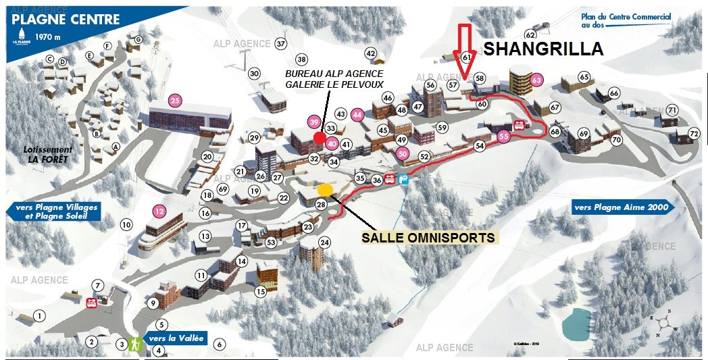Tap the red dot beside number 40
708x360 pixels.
click(x=319, y=138)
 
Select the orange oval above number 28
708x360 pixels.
click(x=325, y=189)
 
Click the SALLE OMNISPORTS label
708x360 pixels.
click(x=428, y=238)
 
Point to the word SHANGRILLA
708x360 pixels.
click(x=542, y=49)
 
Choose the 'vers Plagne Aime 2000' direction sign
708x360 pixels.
click(x=622, y=207)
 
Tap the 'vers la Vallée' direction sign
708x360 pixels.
click(x=172, y=338)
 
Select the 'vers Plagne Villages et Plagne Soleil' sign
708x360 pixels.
click(x=53, y=211)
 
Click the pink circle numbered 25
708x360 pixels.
click(x=176, y=101)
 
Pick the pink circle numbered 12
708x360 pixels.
click(x=159, y=211)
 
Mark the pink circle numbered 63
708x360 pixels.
click(x=537, y=80)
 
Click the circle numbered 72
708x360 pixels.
click(x=694, y=133)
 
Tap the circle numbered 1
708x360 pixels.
click(x=40, y=315)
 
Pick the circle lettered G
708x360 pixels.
click(x=138, y=40)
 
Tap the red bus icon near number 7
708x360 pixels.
click(x=91, y=303)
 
